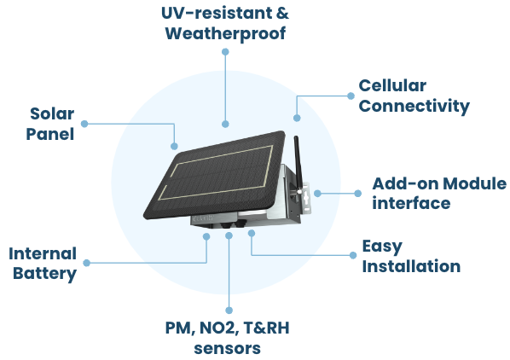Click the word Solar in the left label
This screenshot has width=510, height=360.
[52, 113]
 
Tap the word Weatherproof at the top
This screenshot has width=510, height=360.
[225, 34]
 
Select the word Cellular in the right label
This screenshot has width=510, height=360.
[392, 86]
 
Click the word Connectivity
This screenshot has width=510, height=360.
[414, 107]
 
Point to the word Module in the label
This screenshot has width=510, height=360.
[474, 183]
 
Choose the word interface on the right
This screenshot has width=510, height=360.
[411, 204]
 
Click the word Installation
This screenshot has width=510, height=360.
[411, 266]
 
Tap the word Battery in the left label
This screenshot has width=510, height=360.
[45, 274]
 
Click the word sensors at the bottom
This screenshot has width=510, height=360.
[228, 349]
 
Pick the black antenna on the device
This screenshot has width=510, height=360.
[298, 165]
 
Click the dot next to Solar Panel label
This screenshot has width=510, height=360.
[84, 124]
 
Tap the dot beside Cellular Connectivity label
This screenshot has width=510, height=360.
[351, 96]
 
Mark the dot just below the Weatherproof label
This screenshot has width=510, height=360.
[225, 52]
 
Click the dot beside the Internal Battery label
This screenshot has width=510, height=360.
[86, 263]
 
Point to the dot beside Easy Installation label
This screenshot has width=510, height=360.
[353, 255]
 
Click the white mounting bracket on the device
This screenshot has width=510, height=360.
[305, 199]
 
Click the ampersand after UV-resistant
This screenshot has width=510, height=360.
[282, 14]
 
